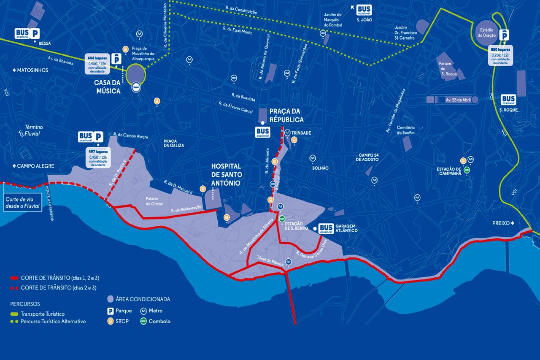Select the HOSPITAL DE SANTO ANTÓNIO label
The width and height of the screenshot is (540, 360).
point(226,175)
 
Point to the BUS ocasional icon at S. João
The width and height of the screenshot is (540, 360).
point(364,10)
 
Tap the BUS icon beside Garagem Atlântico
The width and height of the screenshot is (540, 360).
point(326,228)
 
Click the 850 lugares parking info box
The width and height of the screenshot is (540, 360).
point(501,55)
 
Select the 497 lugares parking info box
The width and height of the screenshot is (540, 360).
point(97,158)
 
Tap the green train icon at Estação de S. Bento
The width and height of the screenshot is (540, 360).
point(282,219)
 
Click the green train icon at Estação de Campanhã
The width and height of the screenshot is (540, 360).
point(467,170)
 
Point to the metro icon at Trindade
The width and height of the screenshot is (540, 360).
point(287,132)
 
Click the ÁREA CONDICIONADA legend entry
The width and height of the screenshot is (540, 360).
point(139,299)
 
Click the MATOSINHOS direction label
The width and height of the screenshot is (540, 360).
point(30,70)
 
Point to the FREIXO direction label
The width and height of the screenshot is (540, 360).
point(504,223)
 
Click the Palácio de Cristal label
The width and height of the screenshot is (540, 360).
point(155,201)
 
